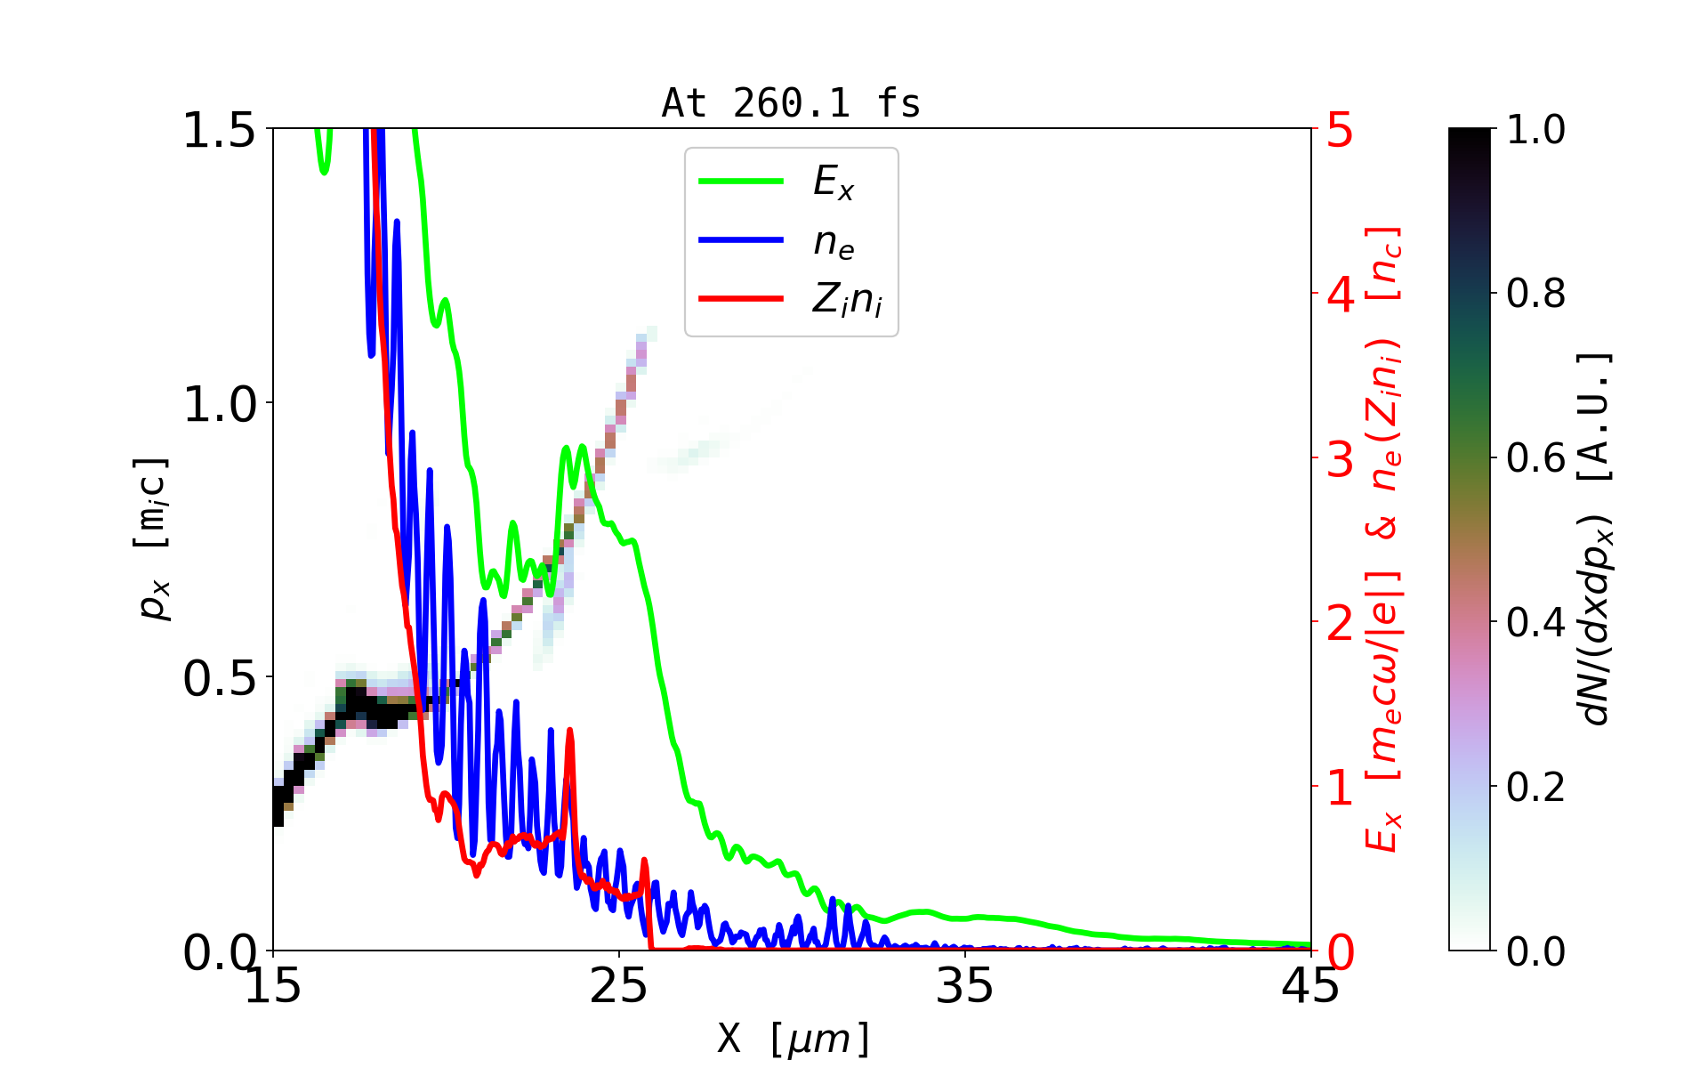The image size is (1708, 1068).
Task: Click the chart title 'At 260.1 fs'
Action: [791, 104]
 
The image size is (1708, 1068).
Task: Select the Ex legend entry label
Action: [834, 182]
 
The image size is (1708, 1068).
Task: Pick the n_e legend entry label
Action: [834, 241]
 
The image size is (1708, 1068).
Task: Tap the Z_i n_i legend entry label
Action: [847, 300]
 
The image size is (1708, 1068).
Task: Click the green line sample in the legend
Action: [741, 182]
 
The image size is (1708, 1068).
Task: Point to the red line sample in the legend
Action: [741, 299]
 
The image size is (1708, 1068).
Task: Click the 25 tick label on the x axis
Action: [619, 987]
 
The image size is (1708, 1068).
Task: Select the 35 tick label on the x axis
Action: [965, 987]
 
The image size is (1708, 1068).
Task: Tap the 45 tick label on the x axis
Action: [1310, 987]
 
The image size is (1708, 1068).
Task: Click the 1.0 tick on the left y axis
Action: [220, 403]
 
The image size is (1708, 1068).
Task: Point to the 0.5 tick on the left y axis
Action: [220, 678]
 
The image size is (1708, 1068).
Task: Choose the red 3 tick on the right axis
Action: [1341, 459]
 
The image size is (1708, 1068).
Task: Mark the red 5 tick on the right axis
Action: [1341, 131]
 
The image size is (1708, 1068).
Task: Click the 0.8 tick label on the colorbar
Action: [1536, 294]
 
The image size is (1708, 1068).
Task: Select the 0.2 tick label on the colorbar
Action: [1536, 787]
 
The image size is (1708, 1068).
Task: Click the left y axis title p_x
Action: [152, 538]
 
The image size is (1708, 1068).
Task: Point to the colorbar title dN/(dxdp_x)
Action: [1595, 538]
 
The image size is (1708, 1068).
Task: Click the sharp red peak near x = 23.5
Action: [569, 732]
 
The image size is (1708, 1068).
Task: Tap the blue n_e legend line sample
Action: [741, 240]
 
